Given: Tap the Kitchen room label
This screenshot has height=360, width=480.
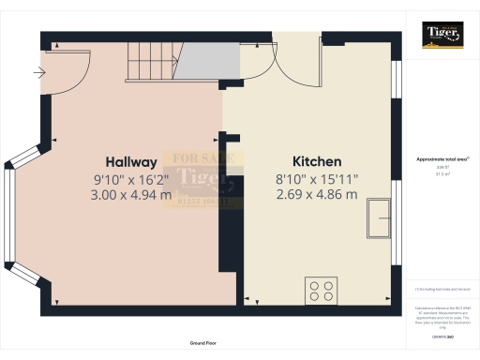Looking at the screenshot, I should [x=317, y=161].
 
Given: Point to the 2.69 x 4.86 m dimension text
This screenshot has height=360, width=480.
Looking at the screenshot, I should [x=317, y=194].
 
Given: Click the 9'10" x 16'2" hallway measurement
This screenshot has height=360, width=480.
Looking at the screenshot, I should [x=131, y=178].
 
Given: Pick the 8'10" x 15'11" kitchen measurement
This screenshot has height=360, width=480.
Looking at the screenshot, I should [x=317, y=178].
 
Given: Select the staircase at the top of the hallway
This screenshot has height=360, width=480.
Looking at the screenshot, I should [x=151, y=63].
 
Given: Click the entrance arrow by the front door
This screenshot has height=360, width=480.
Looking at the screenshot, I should [x=41, y=71].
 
